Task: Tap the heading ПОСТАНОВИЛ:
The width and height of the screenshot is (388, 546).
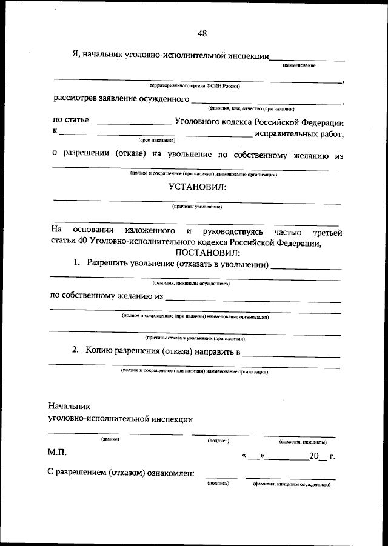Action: [x=208, y=253]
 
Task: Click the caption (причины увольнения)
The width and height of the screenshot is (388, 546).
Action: [x=197, y=207]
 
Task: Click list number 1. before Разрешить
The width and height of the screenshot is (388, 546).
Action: [x=77, y=264]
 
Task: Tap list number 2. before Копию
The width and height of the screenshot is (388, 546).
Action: [x=75, y=351]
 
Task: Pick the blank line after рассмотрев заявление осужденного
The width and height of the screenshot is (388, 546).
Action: [x=267, y=102]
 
